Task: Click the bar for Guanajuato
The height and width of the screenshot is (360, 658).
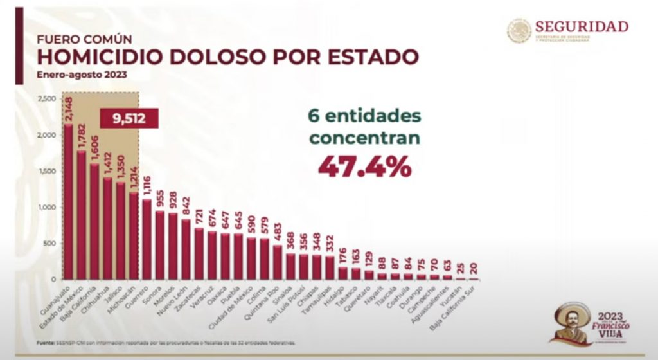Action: tap(68, 202)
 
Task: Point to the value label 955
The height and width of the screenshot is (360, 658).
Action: tap(161, 196)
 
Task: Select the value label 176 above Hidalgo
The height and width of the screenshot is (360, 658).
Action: tap(343, 251)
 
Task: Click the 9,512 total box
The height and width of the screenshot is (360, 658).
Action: tap(129, 119)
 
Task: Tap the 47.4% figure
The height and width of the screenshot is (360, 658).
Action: tap(364, 166)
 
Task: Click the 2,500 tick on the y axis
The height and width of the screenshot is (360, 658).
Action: tap(47, 98)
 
